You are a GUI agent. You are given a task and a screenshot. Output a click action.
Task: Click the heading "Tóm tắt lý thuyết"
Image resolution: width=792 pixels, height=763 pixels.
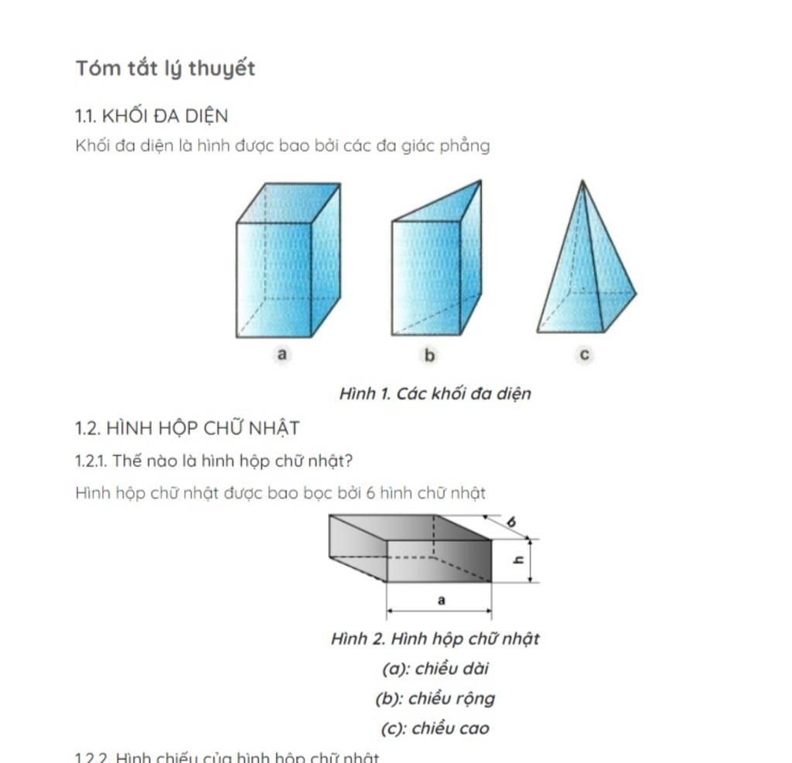[x=166, y=69]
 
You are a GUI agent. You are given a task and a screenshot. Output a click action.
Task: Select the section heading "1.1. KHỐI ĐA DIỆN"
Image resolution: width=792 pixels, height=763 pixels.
[x=152, y=117]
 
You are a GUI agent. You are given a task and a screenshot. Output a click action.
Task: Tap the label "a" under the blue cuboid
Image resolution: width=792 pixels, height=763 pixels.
[x=282, y=355]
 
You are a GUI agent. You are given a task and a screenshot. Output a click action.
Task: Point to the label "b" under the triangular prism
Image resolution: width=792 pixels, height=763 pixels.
[x=430, y=356]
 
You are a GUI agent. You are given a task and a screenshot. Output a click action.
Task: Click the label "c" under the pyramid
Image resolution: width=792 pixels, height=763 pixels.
[x=585, y=355]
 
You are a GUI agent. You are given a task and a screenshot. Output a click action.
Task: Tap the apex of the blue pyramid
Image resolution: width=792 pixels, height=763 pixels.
[x=582, y=182]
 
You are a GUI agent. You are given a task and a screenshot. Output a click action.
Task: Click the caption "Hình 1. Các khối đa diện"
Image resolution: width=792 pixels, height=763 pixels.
[x=435, y=393]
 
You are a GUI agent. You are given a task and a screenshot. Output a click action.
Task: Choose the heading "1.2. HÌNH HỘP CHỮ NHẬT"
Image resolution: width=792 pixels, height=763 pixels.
[x=187, y=428]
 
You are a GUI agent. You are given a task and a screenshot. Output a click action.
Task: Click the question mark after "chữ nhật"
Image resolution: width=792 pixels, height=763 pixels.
[x=348, y=462]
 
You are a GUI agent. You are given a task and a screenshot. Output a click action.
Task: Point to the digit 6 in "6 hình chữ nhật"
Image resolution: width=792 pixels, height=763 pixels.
[x=371, y=493]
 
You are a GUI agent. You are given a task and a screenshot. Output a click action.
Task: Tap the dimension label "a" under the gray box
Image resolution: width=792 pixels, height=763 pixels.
[x=441, y=600]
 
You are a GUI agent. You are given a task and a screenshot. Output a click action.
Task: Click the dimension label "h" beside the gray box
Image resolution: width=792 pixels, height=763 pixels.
[x=520, y=560]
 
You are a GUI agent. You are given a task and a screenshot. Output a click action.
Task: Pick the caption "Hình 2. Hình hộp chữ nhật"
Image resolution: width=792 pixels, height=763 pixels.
[x=435, y=639]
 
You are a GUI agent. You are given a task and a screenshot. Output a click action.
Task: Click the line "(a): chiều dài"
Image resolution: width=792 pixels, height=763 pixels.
[x=435, y=669]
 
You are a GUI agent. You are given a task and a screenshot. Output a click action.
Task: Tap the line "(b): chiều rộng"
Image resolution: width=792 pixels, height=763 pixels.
[x=435, y=699]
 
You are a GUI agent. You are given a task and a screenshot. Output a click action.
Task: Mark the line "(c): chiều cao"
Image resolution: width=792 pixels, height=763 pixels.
[x=435, y=728]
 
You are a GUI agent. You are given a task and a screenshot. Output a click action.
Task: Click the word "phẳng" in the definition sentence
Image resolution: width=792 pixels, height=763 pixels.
[x=464, y=146]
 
